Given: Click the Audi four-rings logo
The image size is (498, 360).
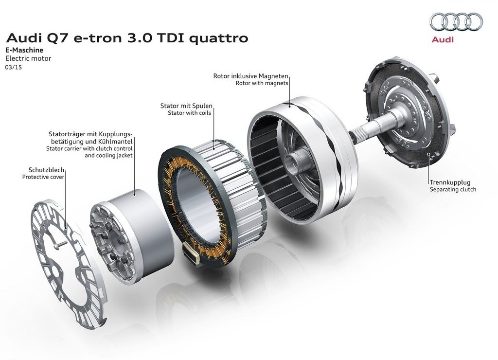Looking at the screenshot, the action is (x=456, y=22).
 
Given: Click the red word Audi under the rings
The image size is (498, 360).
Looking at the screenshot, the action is (x=443, y=39).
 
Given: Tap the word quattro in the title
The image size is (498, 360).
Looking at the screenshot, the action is (x=218, y=38).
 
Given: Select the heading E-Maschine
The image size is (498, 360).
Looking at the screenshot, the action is (x=24, y=50).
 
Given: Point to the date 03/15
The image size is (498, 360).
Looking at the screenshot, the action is (x=13, y=67).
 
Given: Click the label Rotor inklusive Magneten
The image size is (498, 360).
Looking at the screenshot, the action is (x=250, y=76).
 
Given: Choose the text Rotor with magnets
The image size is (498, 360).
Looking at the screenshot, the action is (x=262, y=83).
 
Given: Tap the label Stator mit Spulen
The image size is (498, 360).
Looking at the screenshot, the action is (x=186, y=106).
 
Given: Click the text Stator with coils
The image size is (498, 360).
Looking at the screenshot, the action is (x=189, y=113).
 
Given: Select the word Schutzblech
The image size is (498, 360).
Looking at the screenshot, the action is (x=46, y=170).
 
